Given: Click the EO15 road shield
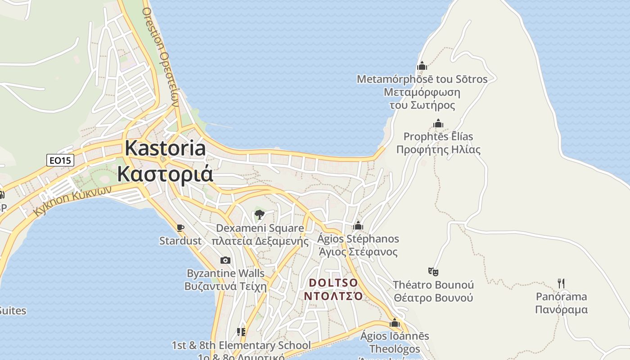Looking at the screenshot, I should pos(60,160).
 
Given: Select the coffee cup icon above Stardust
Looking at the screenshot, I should pos(180,228).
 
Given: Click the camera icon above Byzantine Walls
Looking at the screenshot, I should pos(225,261).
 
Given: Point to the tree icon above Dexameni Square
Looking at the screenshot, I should pos(259,215).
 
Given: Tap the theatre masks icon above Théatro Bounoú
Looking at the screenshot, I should pos(433,272).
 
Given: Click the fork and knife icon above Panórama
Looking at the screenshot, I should pos(561,283).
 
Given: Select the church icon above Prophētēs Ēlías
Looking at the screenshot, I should pos(438,124).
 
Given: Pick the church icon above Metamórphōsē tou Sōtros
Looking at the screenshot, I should pos(422,66).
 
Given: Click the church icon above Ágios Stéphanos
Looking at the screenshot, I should pos(358,225).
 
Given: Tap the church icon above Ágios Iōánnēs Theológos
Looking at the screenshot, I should pos(395,323).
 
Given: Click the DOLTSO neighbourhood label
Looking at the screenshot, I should pos(333,283).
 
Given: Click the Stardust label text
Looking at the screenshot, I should pos(180,241).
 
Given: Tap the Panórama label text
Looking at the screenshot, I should pos(561,297).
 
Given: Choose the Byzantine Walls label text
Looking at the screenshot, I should pos(225,274).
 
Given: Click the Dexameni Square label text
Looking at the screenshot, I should pos(260,228).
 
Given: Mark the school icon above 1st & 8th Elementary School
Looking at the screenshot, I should pos(241,333).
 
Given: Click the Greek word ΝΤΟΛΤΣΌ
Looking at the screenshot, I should pos(333,296).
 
